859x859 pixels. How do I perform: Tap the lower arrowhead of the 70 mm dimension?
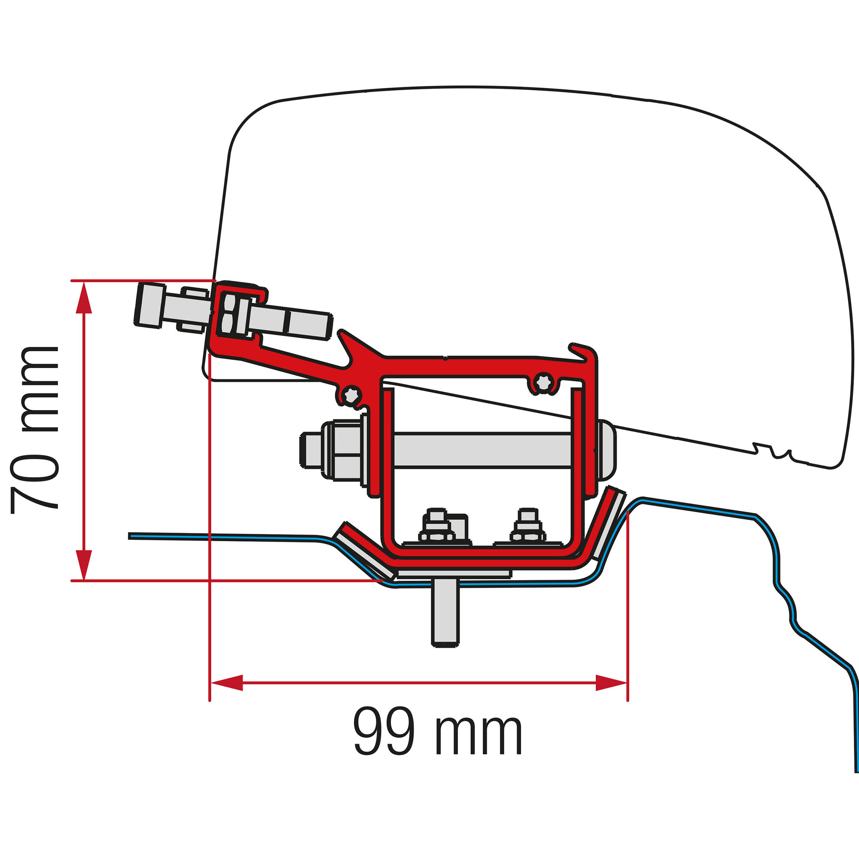(84, 565)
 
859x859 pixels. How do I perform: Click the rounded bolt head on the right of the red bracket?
(606, 450)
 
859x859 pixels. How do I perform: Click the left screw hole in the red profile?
(351, 395)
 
